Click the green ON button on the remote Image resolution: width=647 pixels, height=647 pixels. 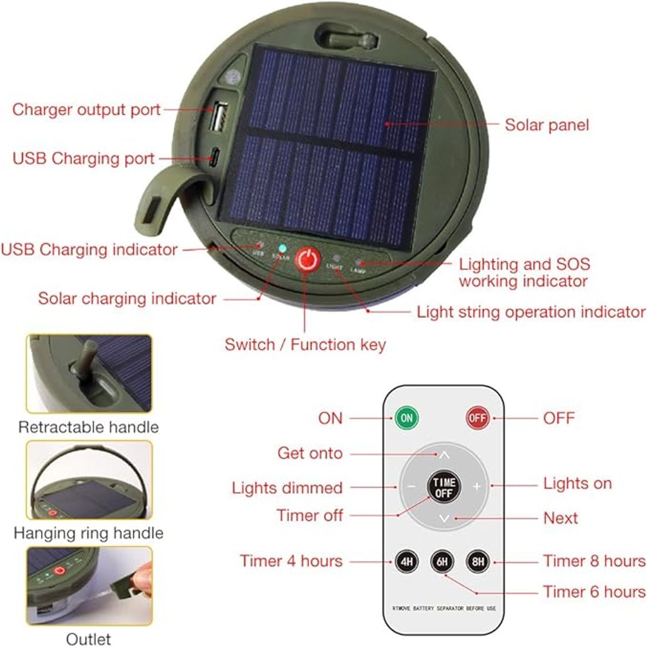pos(407,418)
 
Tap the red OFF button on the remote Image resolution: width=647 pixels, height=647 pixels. pos(478,418)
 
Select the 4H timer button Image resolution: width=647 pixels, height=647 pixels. pos(407,562)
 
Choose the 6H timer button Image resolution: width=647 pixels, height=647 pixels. pos(442,562)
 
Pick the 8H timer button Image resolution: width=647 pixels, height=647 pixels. pos(478,562)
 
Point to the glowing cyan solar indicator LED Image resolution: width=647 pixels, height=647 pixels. pos(281,249)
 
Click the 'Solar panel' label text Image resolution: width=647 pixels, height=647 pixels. pos(546,125)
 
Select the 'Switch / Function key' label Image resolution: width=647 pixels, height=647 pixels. pos(305,345)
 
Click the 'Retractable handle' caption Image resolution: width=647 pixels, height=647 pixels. pos(88,427)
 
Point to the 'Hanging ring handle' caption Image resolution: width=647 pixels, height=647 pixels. pos(88,533)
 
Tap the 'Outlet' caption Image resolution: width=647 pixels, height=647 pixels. pos(88,639)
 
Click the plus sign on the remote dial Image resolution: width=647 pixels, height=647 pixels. pos(477,486)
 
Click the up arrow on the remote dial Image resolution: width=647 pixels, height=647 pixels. pos(444,455)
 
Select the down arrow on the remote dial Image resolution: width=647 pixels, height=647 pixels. pos(444,518)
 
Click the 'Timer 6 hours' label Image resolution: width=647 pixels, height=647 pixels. pos(594,591)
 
